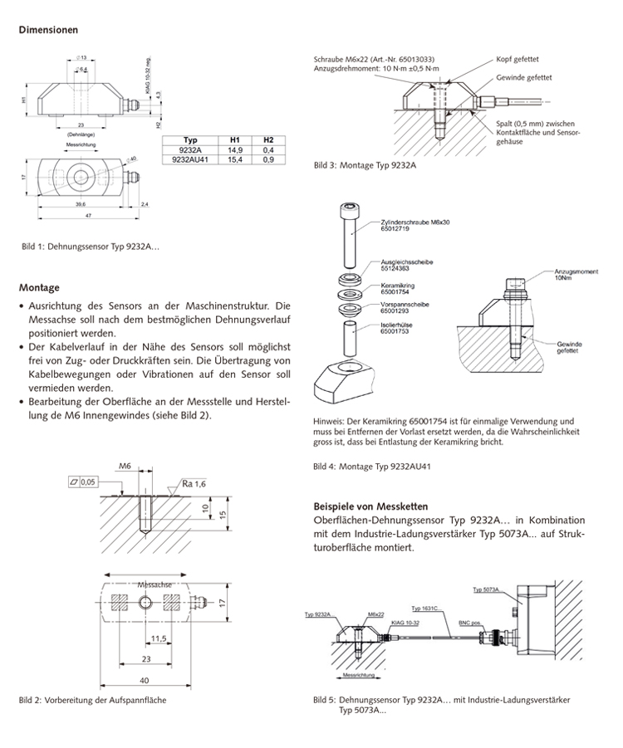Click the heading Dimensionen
pyautogui.click(x=49, y=30)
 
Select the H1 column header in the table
pyautogui.click(x=234, y=139)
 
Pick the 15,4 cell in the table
pyautogui.click(x=234, y=158)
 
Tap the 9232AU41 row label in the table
pyautogui.click(x=189, y=158)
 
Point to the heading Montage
pyautogui.click(x=39, y=288)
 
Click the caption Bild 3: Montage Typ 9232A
pyautogui.click(x=365, y=166)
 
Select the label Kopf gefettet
pyautogui.click(x=518, y=60)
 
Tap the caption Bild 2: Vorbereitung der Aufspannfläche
pyautogui.click(x=92, y=700)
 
